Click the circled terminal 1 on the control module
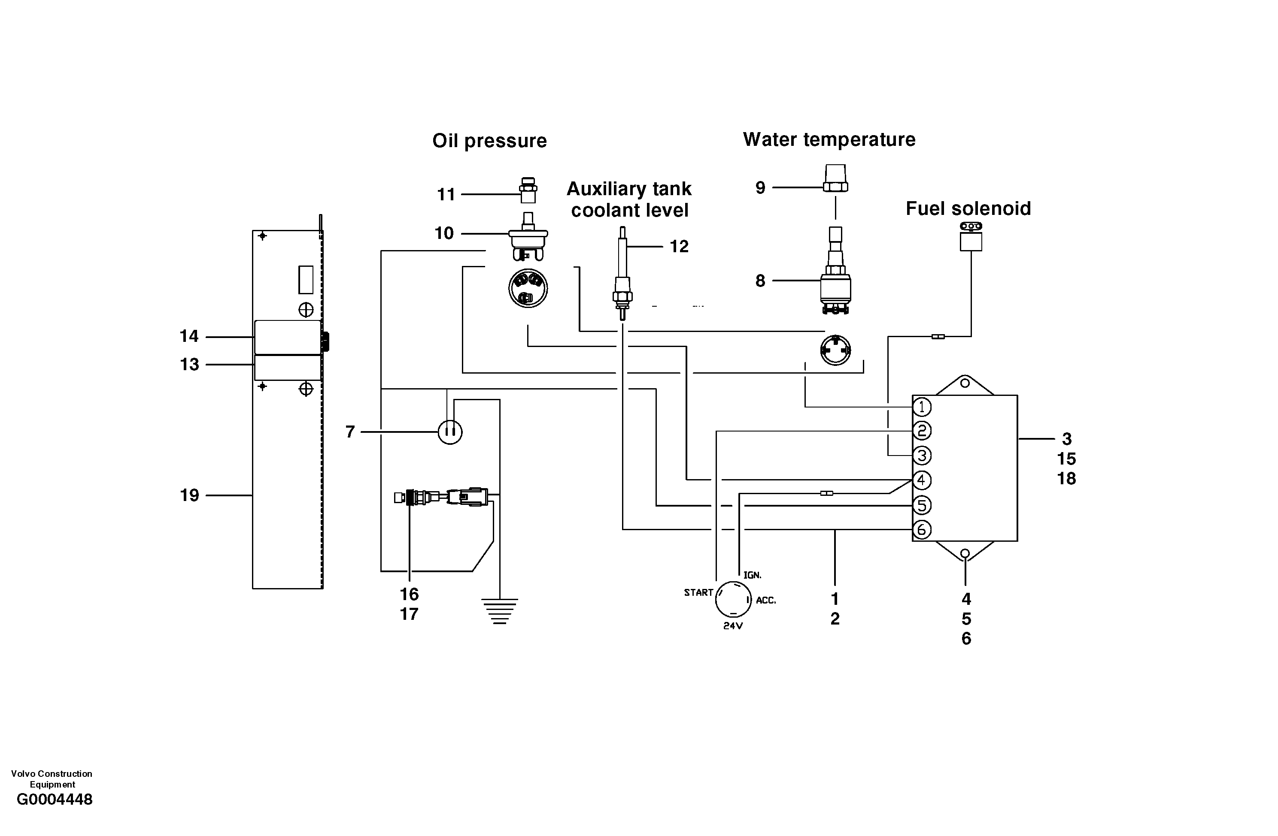[921, 407]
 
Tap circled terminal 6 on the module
[921, 530]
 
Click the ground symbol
[500, 611]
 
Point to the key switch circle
[733, 599]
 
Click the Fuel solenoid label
[968, 209]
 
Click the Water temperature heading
[829, 139]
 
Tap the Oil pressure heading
[489, 141]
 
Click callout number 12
[679, 246]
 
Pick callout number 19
[189, 495]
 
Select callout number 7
[350, 432]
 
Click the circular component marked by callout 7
[450, 432]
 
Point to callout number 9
[760, 188]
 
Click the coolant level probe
[622, 274]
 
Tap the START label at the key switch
[698, 592]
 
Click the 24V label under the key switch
[732, 626]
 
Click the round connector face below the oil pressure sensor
[528, 288]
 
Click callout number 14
[189, 336]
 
